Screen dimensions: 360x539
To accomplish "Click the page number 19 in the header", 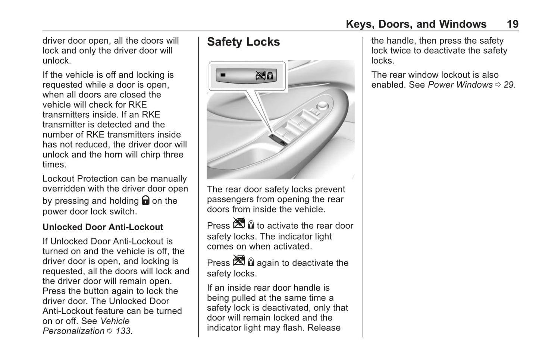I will coord(512,24).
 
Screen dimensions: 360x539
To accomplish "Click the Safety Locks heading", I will coord(243,42).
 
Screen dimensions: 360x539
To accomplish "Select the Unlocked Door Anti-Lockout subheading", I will coord(103,227).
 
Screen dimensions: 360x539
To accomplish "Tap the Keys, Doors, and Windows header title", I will coord(416,24).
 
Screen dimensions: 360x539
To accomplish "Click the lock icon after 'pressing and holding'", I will coord(145,201).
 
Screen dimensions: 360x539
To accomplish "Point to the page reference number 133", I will coord(123,331).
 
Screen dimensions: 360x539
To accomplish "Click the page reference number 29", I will coord(508,85).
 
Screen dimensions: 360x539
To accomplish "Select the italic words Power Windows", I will coord(460,85).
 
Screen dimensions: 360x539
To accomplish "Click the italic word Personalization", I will coord(73,331).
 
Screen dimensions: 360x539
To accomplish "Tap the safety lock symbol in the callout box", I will coord(265,76).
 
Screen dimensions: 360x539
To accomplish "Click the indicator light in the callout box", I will coord(223,75).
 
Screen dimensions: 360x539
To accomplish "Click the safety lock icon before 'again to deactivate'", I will coord(244,261).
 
